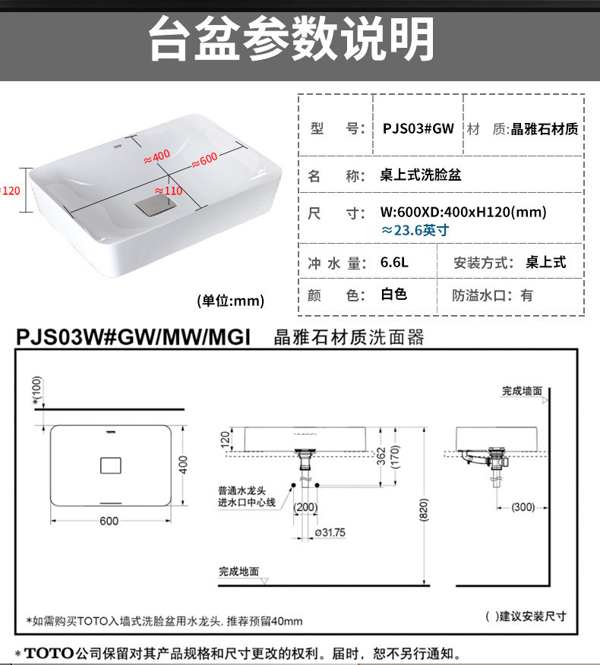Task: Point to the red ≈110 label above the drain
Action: point(169,191)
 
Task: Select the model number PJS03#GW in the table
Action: point(418,128)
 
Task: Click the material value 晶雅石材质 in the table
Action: point(545,129)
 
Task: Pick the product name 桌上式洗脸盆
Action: point(420,175)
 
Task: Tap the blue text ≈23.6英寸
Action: point(415,230)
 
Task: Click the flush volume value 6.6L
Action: point(394,263)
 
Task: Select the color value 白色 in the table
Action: point(393,295)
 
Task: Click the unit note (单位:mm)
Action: point(230,301)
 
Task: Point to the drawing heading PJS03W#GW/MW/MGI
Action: point(134,336)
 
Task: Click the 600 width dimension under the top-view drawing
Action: point(109,521)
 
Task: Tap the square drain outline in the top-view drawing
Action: point(110,465)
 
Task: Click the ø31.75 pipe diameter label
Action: point(330,533)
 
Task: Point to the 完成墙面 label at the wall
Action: point(522,391)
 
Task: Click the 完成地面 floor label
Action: point(239,572)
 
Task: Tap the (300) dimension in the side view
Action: point(523,507)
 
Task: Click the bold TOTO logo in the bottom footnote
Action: point(48,653)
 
